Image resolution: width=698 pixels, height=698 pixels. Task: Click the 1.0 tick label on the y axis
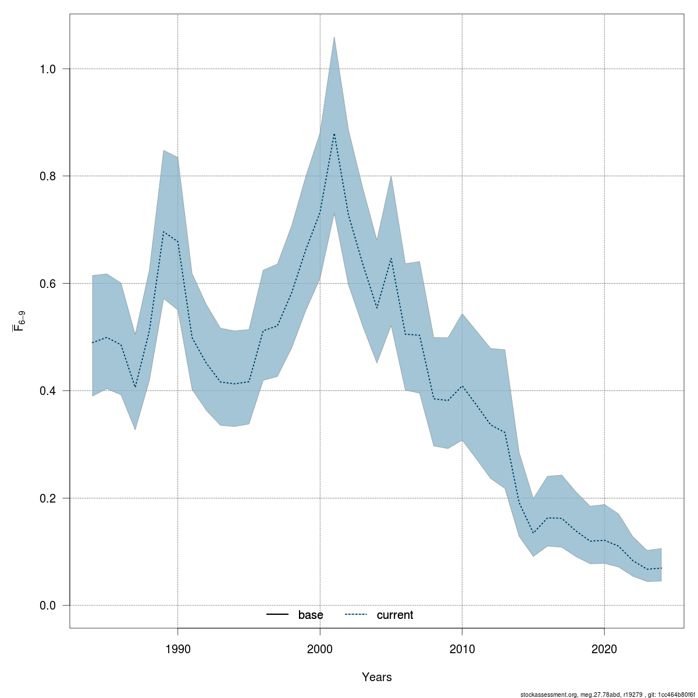48,69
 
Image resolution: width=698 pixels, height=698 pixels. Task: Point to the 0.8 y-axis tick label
48,176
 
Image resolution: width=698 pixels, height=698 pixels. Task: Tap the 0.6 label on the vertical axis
48,284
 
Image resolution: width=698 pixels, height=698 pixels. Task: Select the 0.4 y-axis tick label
48,391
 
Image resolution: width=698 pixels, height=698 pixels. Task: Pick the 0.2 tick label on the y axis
48,498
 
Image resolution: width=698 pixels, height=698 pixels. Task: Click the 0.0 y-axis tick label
48,606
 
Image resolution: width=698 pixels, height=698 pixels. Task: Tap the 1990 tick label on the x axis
177,649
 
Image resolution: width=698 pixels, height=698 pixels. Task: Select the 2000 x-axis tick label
320,649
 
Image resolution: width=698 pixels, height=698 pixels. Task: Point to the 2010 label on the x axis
462,649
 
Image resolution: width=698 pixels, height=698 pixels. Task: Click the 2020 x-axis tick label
604,649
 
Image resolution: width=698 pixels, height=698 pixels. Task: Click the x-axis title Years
376,677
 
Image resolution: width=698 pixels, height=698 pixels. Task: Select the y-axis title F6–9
19,320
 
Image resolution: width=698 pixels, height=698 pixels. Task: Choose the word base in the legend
311,615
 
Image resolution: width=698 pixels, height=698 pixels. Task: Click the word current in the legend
395,615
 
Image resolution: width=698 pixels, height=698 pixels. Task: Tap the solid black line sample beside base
277,615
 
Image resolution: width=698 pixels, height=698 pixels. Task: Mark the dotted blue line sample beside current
356,615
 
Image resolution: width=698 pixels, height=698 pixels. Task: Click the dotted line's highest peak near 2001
334,134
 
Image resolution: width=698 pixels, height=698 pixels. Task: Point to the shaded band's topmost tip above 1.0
334,37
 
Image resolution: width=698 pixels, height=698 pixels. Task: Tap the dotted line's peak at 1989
163,232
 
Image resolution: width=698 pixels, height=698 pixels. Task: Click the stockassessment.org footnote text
607,695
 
